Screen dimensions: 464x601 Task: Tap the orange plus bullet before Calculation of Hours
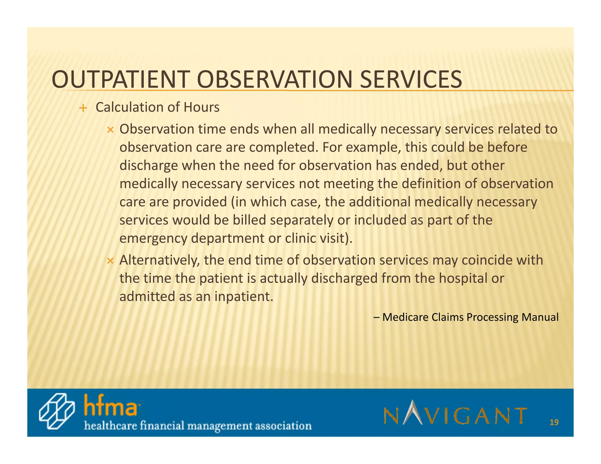click(83, 108)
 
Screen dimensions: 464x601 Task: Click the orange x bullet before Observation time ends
click(110, 130)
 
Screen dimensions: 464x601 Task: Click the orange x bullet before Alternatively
click(110, 261)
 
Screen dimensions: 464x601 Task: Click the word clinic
click(300, 238)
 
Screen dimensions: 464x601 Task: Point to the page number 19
click(554, 422)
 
